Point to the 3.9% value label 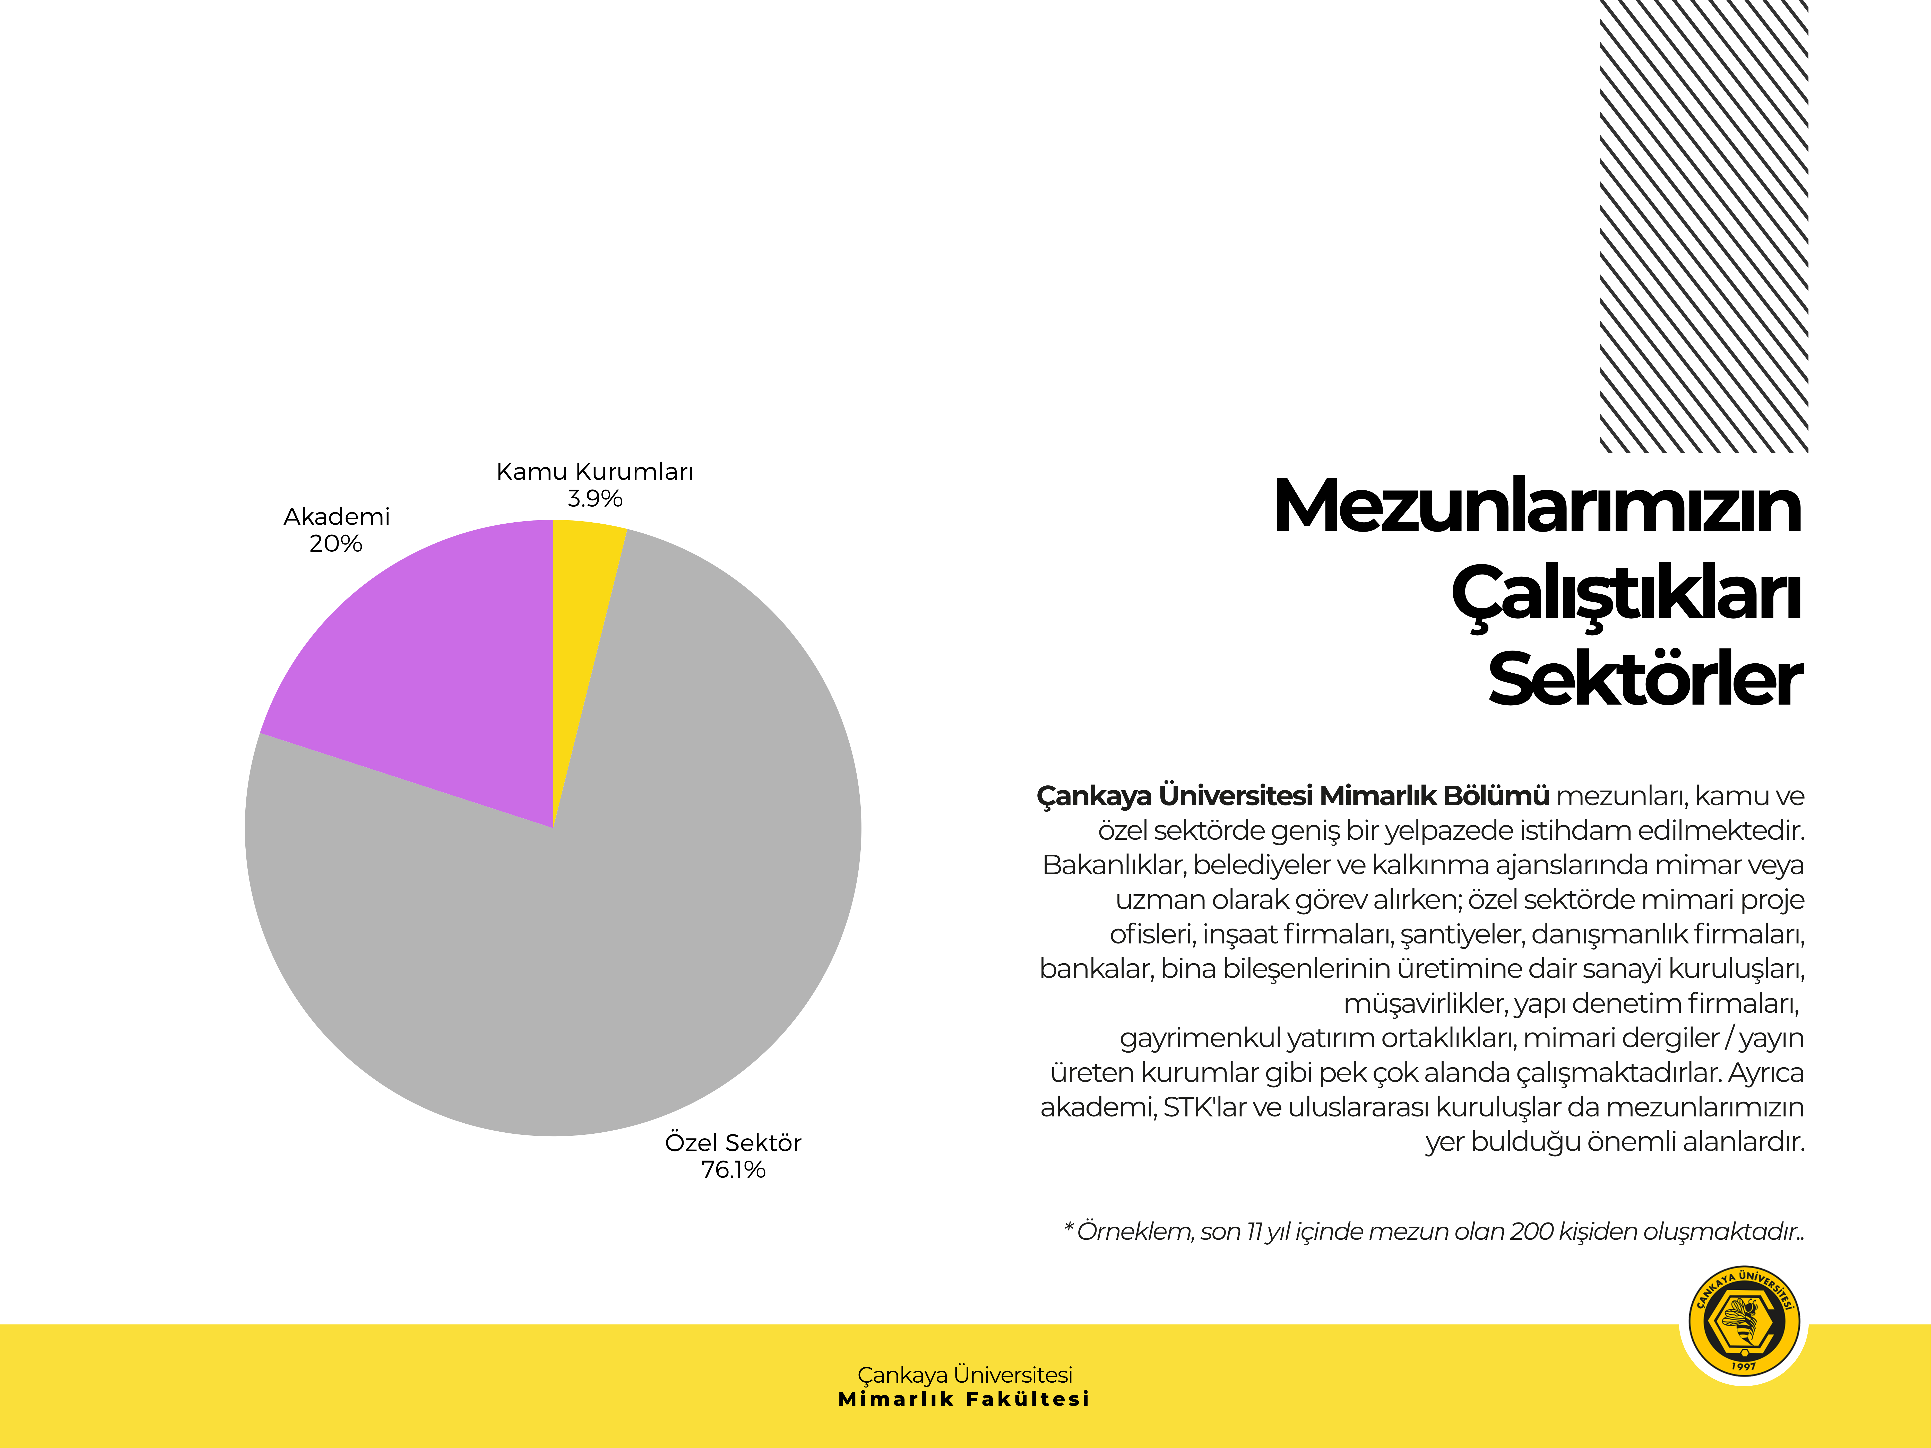(x=594, y=499)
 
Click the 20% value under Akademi (x=335, y=544)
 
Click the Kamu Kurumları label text (x=594, y=472)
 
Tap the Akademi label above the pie (x=336, y=517)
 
